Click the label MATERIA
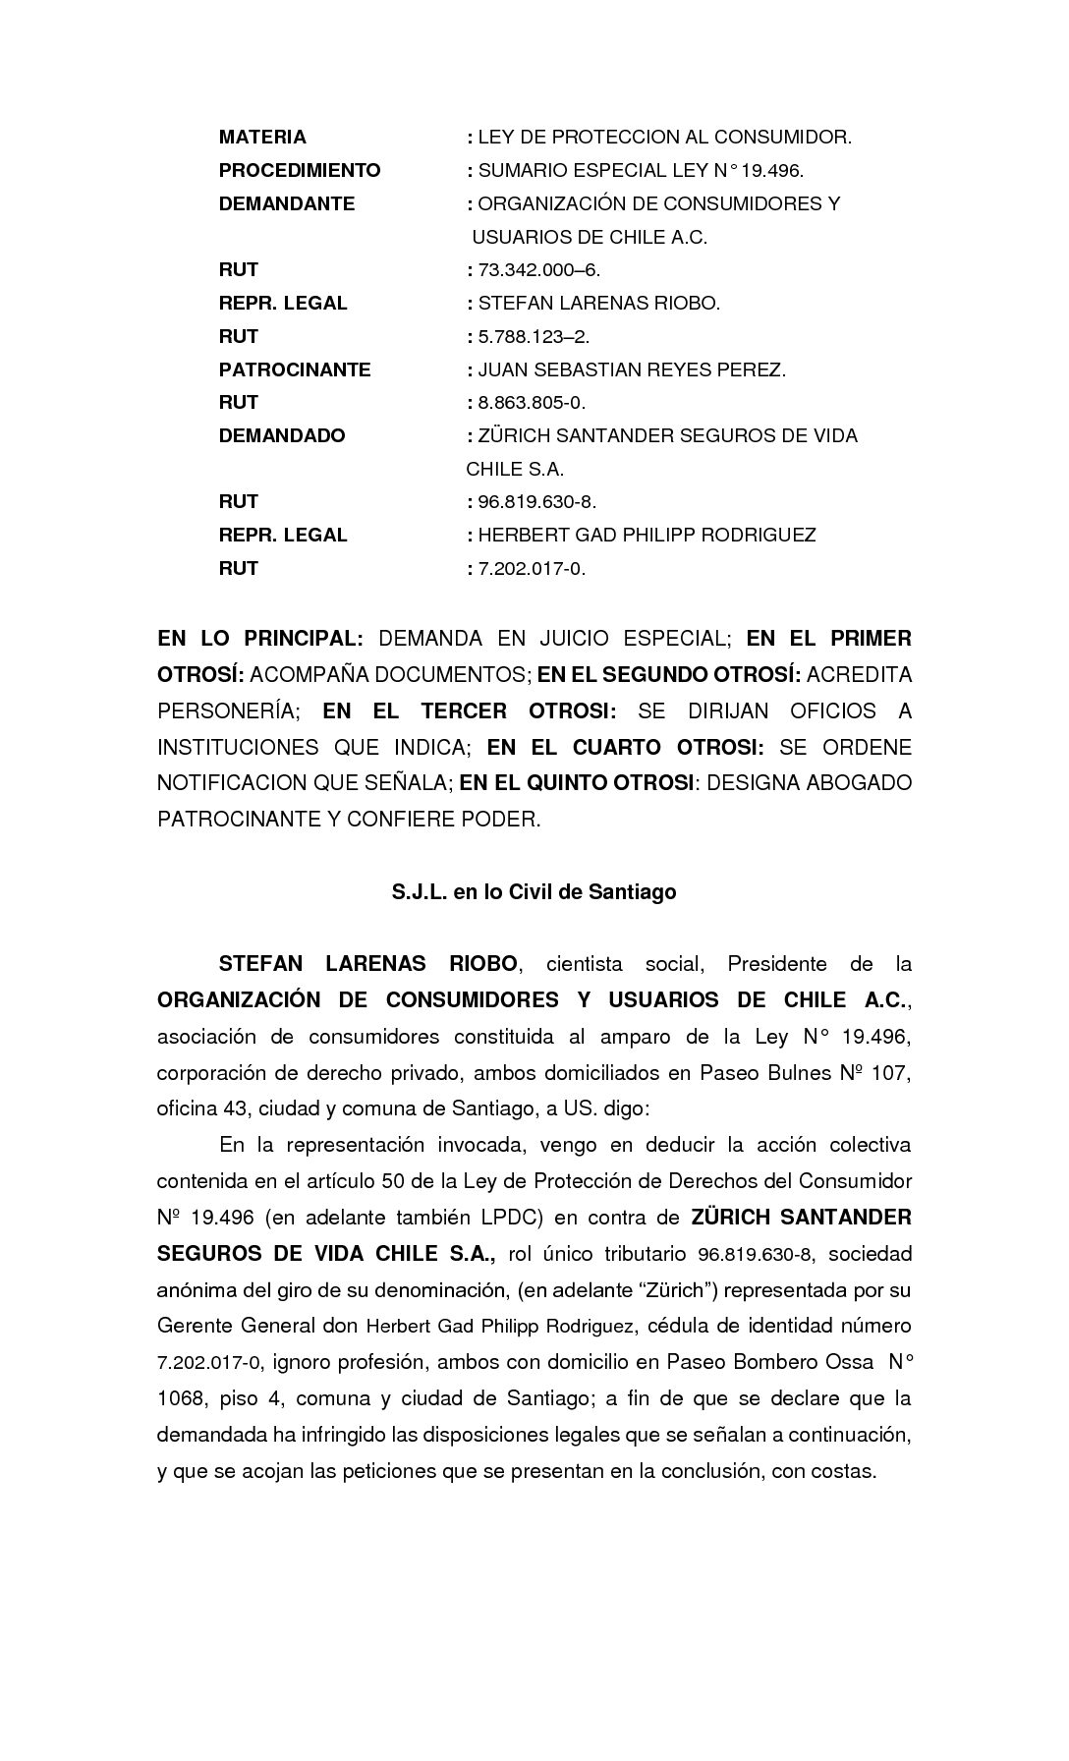(262, 137)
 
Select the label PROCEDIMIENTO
(300, 170)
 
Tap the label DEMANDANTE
(287, 203)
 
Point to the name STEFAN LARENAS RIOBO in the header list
(598, 303)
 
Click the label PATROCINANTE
(295, 369)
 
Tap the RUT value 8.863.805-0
(532, 402)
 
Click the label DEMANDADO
(282, 435)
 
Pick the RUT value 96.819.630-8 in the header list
(536, 502)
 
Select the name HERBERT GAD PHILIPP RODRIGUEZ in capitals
(647, 535)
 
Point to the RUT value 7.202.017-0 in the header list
(532, 568)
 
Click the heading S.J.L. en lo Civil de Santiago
(534, 892)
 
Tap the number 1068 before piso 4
(180, 1397)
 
